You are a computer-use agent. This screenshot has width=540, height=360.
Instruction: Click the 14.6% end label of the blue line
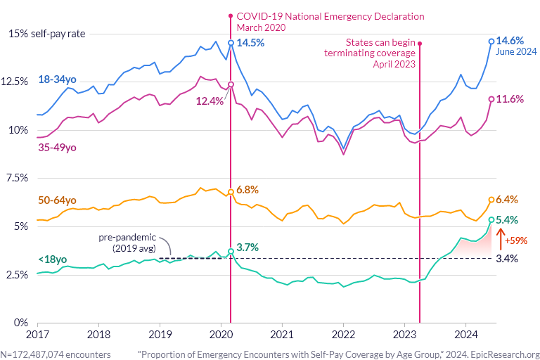click(x=510, y=41)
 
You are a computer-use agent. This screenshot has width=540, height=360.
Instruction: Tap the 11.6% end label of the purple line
click(x=510, y=99)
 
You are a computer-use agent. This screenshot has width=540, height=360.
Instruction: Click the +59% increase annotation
click(x=516, y=240)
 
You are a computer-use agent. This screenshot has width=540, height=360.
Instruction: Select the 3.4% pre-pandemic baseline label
click(x=507, y=259)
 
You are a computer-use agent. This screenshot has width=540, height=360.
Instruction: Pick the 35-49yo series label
click(x=56, y=148)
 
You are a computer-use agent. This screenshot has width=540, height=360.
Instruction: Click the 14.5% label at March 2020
click(x=250, y=43)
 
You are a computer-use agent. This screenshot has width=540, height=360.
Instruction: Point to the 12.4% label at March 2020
click(x=210, y=101)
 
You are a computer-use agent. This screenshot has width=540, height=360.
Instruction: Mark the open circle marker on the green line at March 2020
click(x=231, y=252)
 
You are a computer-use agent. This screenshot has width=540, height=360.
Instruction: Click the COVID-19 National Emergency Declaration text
click(x=331, y=15)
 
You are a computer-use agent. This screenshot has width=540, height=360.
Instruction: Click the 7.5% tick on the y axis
click(x=18, y=178)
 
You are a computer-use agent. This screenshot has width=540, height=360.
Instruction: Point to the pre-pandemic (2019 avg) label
click(x=127, y=243)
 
